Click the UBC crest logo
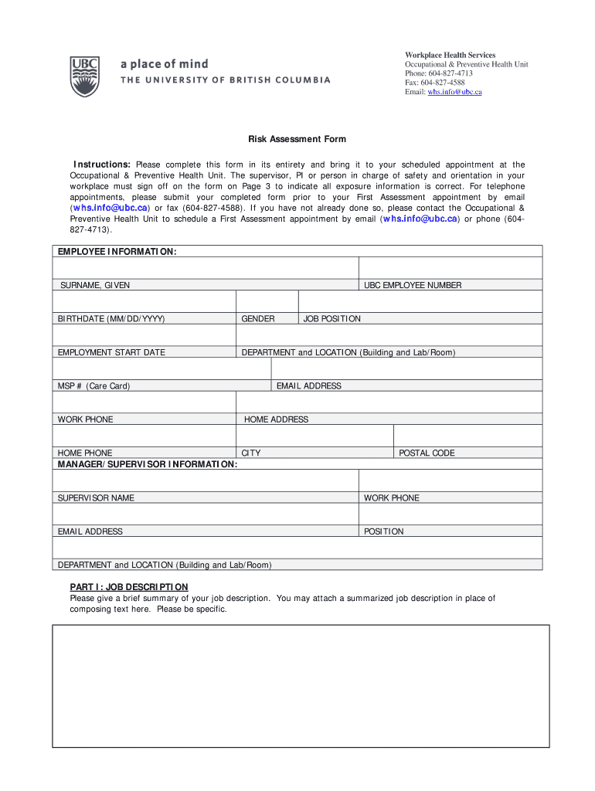point(84,76)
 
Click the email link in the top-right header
point(454,92)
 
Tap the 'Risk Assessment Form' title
point(297,139)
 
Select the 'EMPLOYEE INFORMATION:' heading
point(117,252)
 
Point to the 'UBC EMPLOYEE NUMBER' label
point(413,285)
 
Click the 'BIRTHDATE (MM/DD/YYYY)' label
point(111,318)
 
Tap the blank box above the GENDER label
point(267,301)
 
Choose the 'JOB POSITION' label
point(332,318)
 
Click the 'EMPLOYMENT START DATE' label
point(111,352)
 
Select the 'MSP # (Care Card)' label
point(93,385)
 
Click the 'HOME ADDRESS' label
point(276,419)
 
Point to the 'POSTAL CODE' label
point(427,453)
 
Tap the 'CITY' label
point(251,453)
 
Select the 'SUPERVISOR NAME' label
point(96,497)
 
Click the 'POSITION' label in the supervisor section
point(383,531)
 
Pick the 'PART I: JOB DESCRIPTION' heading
point(129,587)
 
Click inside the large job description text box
point(301,686)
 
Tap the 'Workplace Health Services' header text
point(450,55)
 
